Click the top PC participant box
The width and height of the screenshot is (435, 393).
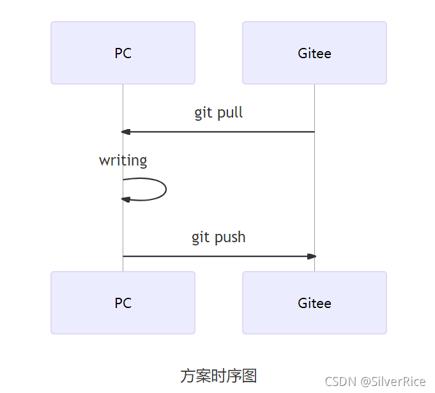[123, 52]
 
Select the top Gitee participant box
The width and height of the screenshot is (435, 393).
[314, 52]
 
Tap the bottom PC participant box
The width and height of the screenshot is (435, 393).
[123, 302]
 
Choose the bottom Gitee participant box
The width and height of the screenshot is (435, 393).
[314, 302]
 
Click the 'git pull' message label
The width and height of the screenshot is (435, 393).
[218, 113]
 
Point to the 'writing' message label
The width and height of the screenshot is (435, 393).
[123, 160]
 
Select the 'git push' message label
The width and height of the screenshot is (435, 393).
[218, 238]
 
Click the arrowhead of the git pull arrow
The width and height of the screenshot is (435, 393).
[126, 132]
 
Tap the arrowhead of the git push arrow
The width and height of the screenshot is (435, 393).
[312, 256]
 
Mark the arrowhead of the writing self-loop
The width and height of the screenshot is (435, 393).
[126, 199]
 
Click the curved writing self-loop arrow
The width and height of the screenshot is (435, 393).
[165, 189]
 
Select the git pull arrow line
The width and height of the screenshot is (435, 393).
[218, 132]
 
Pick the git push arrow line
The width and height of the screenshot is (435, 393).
[218, 256]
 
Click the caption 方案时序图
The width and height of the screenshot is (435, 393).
[218, 376]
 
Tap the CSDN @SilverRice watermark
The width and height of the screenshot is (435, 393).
[375, 381]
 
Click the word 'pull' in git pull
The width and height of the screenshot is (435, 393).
[230, 113]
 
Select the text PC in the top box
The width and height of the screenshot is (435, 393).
[123, 53]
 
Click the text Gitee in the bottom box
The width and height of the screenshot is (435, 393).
[314, 303]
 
